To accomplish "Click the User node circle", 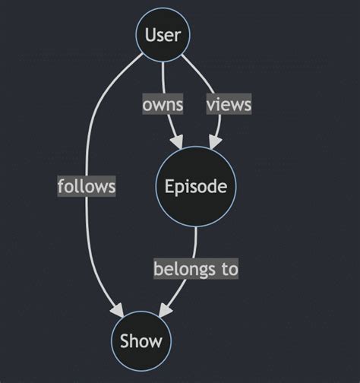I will coord(163,34).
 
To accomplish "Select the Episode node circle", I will coord(196,187).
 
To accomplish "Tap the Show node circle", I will coord(141,341).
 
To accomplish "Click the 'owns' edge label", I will coord(163,104).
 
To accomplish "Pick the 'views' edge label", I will coord(229,104).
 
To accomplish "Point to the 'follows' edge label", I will coord(87,185).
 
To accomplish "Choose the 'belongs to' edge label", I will coord(196,268).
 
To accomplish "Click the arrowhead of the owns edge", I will coord(177,142).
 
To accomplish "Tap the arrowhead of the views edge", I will coord(215,142).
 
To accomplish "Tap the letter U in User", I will coord(150,34).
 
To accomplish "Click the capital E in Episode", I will coord(169,187).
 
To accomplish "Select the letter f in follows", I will coord(61,185).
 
